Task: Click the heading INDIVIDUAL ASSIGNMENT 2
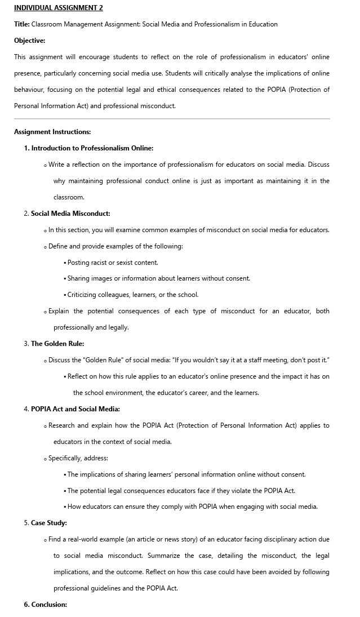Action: point(58,8)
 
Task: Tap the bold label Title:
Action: point(22,24)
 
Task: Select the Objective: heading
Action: point(29,41)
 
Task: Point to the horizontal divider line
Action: point(172,119)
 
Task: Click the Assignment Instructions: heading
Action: point(52,132)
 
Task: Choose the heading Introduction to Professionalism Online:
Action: point(92,148)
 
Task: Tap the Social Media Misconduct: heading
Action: point(70,214)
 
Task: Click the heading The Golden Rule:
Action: point(57,344)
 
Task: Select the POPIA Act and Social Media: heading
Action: point(75,409)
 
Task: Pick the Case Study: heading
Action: point(49,523)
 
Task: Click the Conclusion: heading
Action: point(49,605)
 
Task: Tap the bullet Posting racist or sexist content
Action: point(113,263)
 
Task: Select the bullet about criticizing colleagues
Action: point(132,295)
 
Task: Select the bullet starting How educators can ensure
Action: point(192,507)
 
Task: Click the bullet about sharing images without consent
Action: point(158,278)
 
